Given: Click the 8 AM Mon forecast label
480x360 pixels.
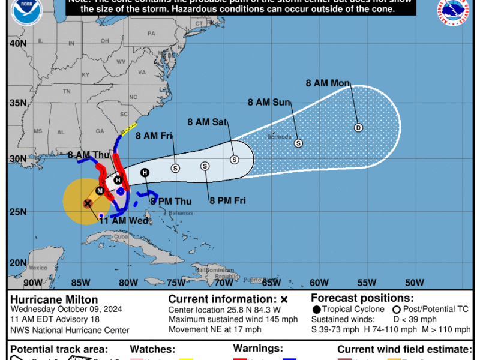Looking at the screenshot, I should tap(328, 83).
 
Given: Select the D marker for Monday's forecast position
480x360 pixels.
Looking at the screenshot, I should tap(359, 127).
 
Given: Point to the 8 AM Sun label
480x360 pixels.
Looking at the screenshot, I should tap(269, 102).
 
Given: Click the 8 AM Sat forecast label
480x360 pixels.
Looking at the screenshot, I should tap(207, 122).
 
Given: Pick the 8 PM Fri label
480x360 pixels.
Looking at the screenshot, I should tap(227, 200).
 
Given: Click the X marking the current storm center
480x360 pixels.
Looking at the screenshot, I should tap(88, 203).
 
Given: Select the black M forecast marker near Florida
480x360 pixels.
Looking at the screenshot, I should tap(100, 191).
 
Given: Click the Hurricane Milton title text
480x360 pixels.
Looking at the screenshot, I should tap(54, 299).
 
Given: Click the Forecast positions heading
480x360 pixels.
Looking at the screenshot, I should tap(362, 298).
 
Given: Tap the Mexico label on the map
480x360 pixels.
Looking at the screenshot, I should tap(37, 268).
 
